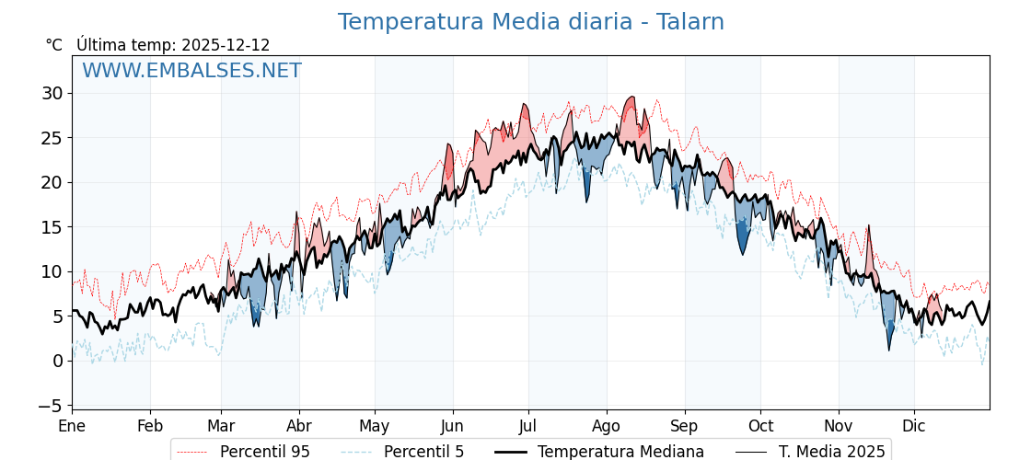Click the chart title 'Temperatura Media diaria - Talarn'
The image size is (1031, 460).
coord(530,22)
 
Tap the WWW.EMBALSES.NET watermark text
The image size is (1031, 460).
coord(191,71)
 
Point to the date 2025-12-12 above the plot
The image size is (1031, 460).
coord(226,45)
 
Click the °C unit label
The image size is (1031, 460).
coord(54,45)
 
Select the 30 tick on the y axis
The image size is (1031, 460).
coord(52,93)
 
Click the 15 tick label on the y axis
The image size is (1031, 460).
coord(52,227)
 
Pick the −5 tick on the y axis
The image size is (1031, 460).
coord(52,406)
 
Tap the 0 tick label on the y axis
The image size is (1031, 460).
coord(57,361)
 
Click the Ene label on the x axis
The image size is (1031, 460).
coord(72,426)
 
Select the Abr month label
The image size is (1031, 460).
coord(299,426)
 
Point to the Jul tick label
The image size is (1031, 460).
coord(528,426)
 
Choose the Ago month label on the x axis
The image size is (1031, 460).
coord(607,426)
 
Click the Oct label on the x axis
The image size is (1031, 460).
coord(760,426)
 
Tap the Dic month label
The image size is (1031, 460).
coord(914,426)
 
